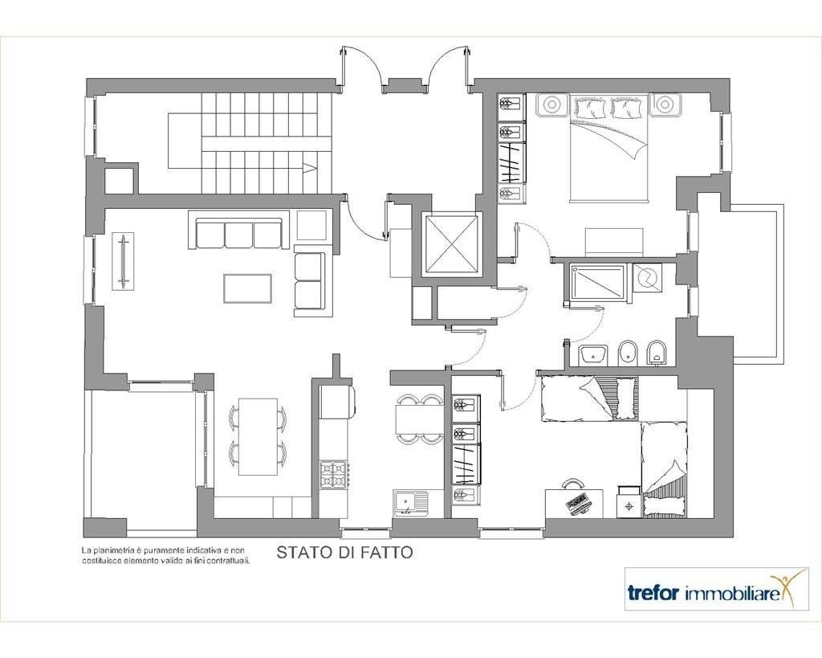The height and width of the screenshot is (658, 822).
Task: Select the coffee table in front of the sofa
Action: coord(247,288)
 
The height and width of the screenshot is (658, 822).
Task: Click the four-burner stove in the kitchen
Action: coord(333,474)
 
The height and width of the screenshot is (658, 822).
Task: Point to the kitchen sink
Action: coord(410,503)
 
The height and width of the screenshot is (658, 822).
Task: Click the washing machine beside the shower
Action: coord(648,278)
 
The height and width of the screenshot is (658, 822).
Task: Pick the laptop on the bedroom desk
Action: coord(578,501)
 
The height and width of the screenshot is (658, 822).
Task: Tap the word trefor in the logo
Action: coord(654,594)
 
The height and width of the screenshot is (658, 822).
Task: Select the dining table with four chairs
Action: coord(258,436)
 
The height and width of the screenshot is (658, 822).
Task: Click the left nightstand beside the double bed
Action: coord(551,104)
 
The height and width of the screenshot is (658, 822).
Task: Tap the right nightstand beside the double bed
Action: coord(665,104)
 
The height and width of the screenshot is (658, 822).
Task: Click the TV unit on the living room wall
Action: coord(123,261)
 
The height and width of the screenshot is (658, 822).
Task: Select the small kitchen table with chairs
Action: coord(417,419)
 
